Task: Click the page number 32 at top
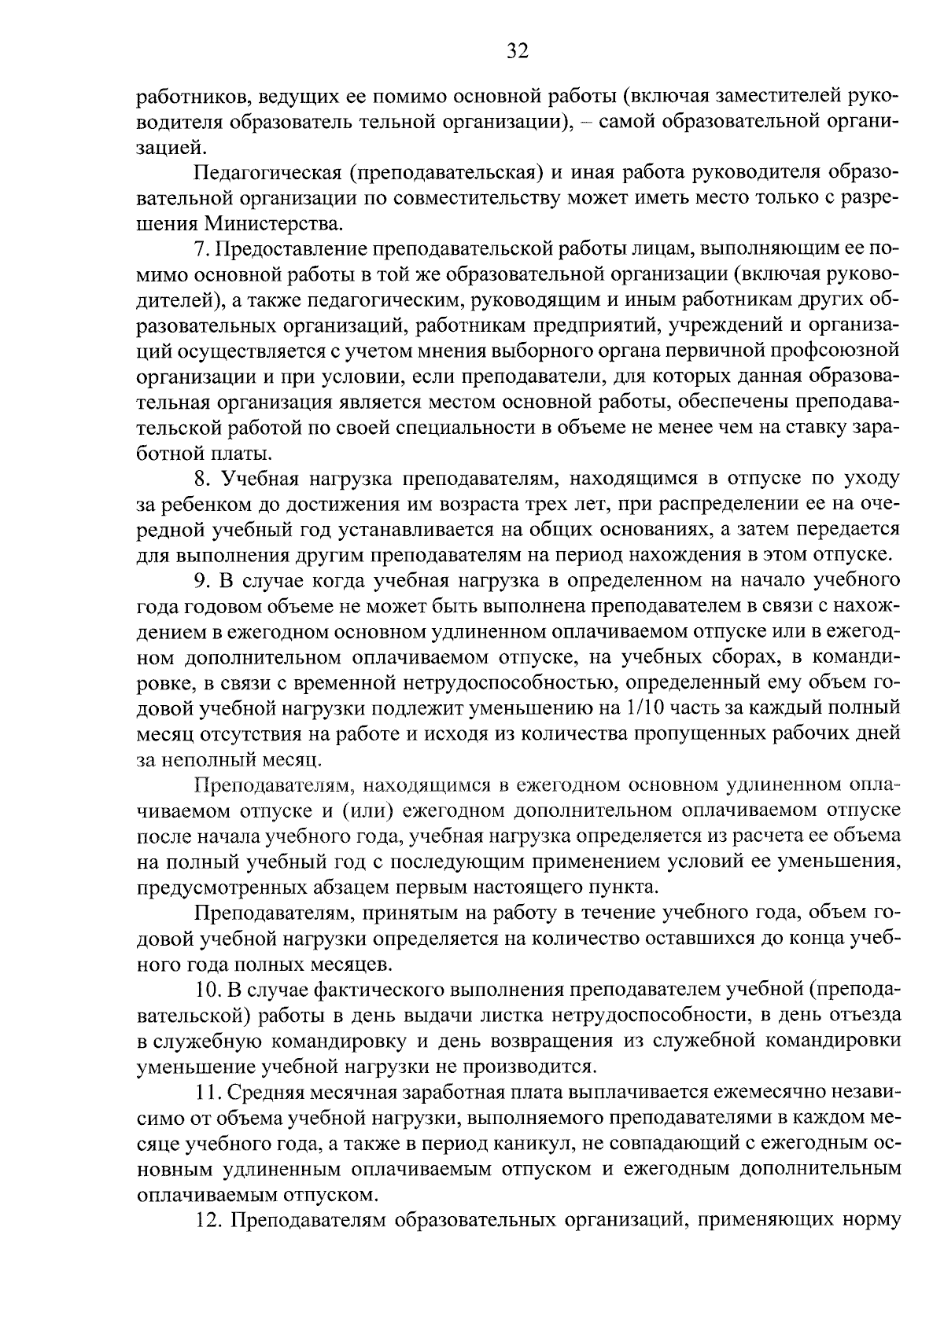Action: click(517, 52)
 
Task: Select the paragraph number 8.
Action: click(201, 479)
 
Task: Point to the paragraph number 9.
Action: click(201, 581)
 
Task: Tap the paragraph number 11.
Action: click(205, 1092)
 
